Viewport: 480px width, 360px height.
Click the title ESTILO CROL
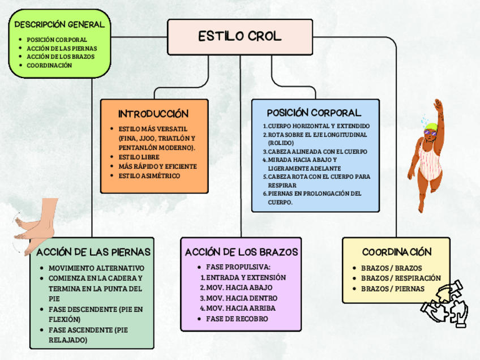(239, 37)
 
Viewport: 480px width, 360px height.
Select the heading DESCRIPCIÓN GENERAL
(59, 25)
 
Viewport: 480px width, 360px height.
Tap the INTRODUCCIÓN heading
(153, 114)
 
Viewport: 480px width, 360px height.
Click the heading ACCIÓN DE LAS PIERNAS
(93, 251)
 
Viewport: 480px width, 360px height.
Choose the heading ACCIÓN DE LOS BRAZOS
(241, 251)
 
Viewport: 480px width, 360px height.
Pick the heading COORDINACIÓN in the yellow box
(397, 251)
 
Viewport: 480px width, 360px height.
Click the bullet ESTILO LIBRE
(139, 157)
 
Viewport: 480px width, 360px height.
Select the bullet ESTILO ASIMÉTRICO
(149, 175)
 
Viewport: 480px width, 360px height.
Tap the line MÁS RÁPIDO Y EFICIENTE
(157, 166)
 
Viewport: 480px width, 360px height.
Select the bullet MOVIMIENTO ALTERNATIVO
(96, 268)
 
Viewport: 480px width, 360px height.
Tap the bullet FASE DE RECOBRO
(237, 319)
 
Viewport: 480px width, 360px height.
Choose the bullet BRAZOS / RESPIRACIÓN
(400, 278)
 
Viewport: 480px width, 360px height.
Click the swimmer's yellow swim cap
(431, 126)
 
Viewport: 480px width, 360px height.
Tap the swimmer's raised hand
(437, 105)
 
